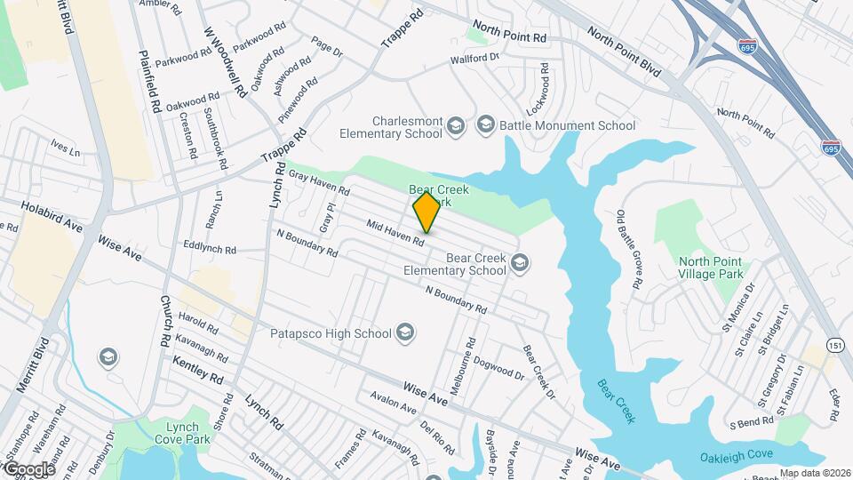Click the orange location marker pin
tap(426, 212)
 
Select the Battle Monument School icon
tap(485, 125)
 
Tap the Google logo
tap(28, 469)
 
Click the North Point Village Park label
tap(715, 268)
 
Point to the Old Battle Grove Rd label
tap(628, 250)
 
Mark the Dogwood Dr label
tap(498, 367)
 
